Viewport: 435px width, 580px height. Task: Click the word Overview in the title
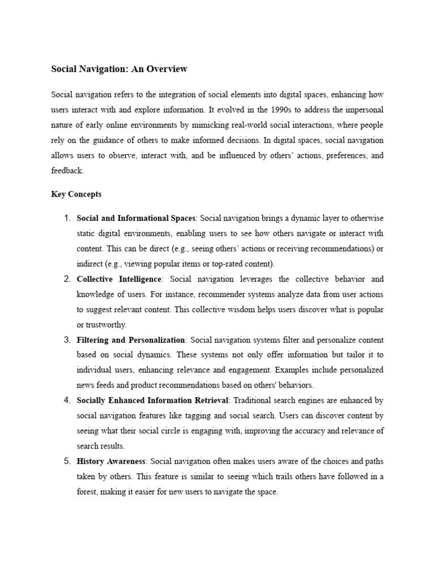(167, 69)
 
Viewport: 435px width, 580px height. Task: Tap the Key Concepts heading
(76, 194)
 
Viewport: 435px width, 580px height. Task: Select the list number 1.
(66, 218)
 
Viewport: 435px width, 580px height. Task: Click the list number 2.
(66, 279)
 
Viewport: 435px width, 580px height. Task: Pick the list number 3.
(66, 340)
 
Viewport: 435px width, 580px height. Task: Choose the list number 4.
(66, 400)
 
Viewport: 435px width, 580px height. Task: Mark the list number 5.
(66, 462)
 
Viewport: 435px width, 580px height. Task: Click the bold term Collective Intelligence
(120, 279)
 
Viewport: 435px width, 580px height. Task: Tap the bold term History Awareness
(111, 462)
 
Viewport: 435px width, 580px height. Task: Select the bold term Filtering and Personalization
(131, 340)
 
